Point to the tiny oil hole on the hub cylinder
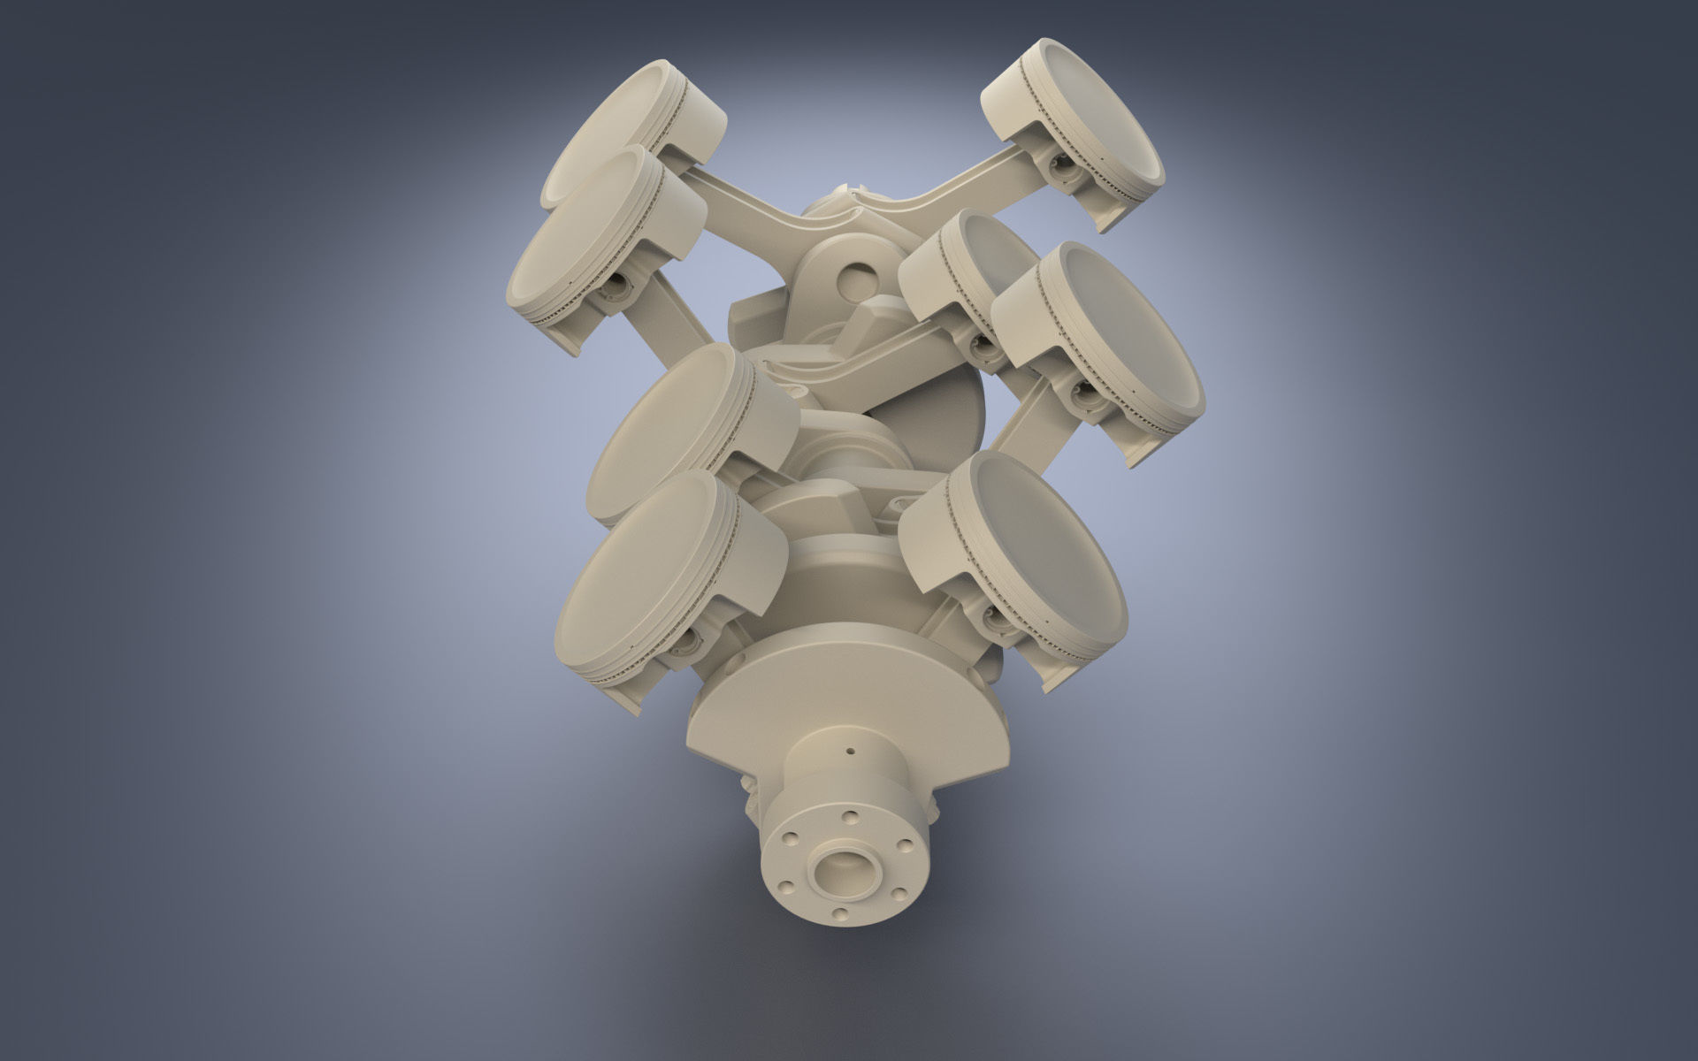click(x=851, y=752)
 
